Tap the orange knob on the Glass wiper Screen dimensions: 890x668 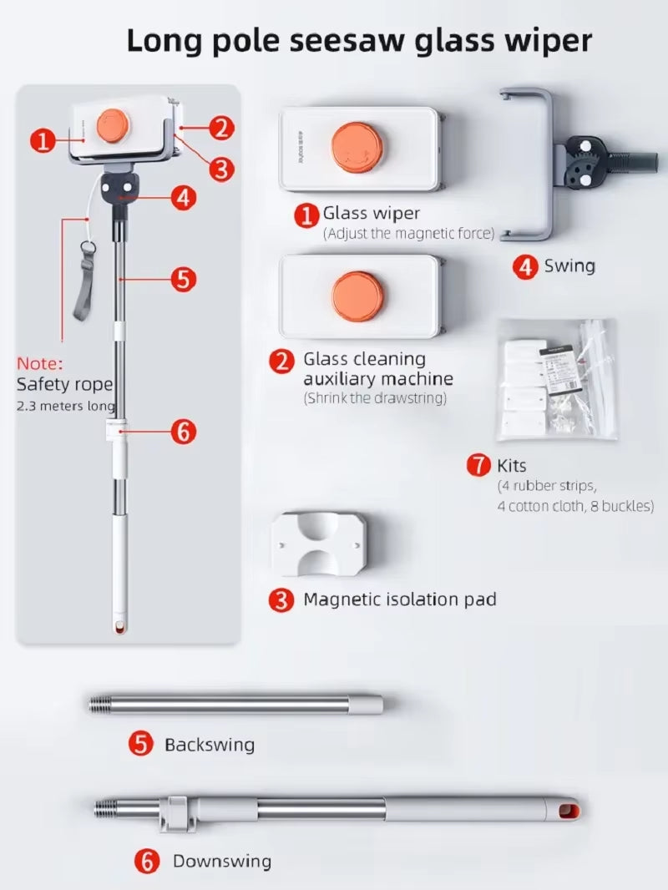[x=357, y=149]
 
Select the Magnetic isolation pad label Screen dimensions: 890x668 [x=399, y=599]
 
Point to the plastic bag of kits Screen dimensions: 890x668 [x=556, y=379]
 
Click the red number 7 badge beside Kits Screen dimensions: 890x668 [x=478, y=465]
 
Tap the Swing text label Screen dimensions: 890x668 [x=569, y=266]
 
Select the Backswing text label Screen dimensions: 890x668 [x=209, y=744]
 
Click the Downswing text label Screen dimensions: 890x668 [x=221, y=861]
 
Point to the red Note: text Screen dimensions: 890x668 [x=40, y=363]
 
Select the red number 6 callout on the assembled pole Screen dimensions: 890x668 [x=184, y=432]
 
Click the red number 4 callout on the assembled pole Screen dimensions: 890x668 [x=184, y=198]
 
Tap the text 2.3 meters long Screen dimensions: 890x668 [x=65, y=406]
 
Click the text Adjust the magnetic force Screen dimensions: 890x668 [x=408, y=234]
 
